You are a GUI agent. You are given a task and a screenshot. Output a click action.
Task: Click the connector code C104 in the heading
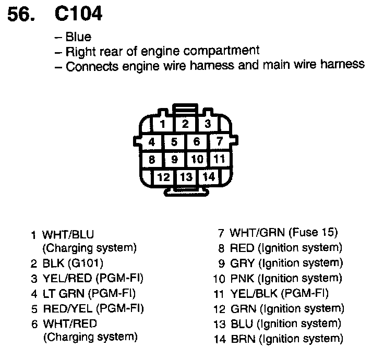[78, 15]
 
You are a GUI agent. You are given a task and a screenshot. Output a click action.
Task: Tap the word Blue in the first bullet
[78, 37]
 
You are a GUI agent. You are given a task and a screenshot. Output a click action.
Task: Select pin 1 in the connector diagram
[163, 124]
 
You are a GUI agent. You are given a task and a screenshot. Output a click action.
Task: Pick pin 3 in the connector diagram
[207, 124]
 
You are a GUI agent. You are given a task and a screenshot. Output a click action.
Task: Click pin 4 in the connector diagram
[151, 142]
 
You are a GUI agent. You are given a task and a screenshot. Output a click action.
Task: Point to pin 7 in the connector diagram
[220, 142]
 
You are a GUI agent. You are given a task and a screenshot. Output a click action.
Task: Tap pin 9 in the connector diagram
[175, 160]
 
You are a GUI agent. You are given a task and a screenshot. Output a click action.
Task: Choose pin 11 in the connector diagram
[220, 159]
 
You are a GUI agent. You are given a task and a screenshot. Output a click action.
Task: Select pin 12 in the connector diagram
[163, 177]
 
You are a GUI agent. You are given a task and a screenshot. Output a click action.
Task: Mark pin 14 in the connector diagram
[209, 177]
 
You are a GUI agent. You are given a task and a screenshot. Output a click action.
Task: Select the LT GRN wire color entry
[64, 293]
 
